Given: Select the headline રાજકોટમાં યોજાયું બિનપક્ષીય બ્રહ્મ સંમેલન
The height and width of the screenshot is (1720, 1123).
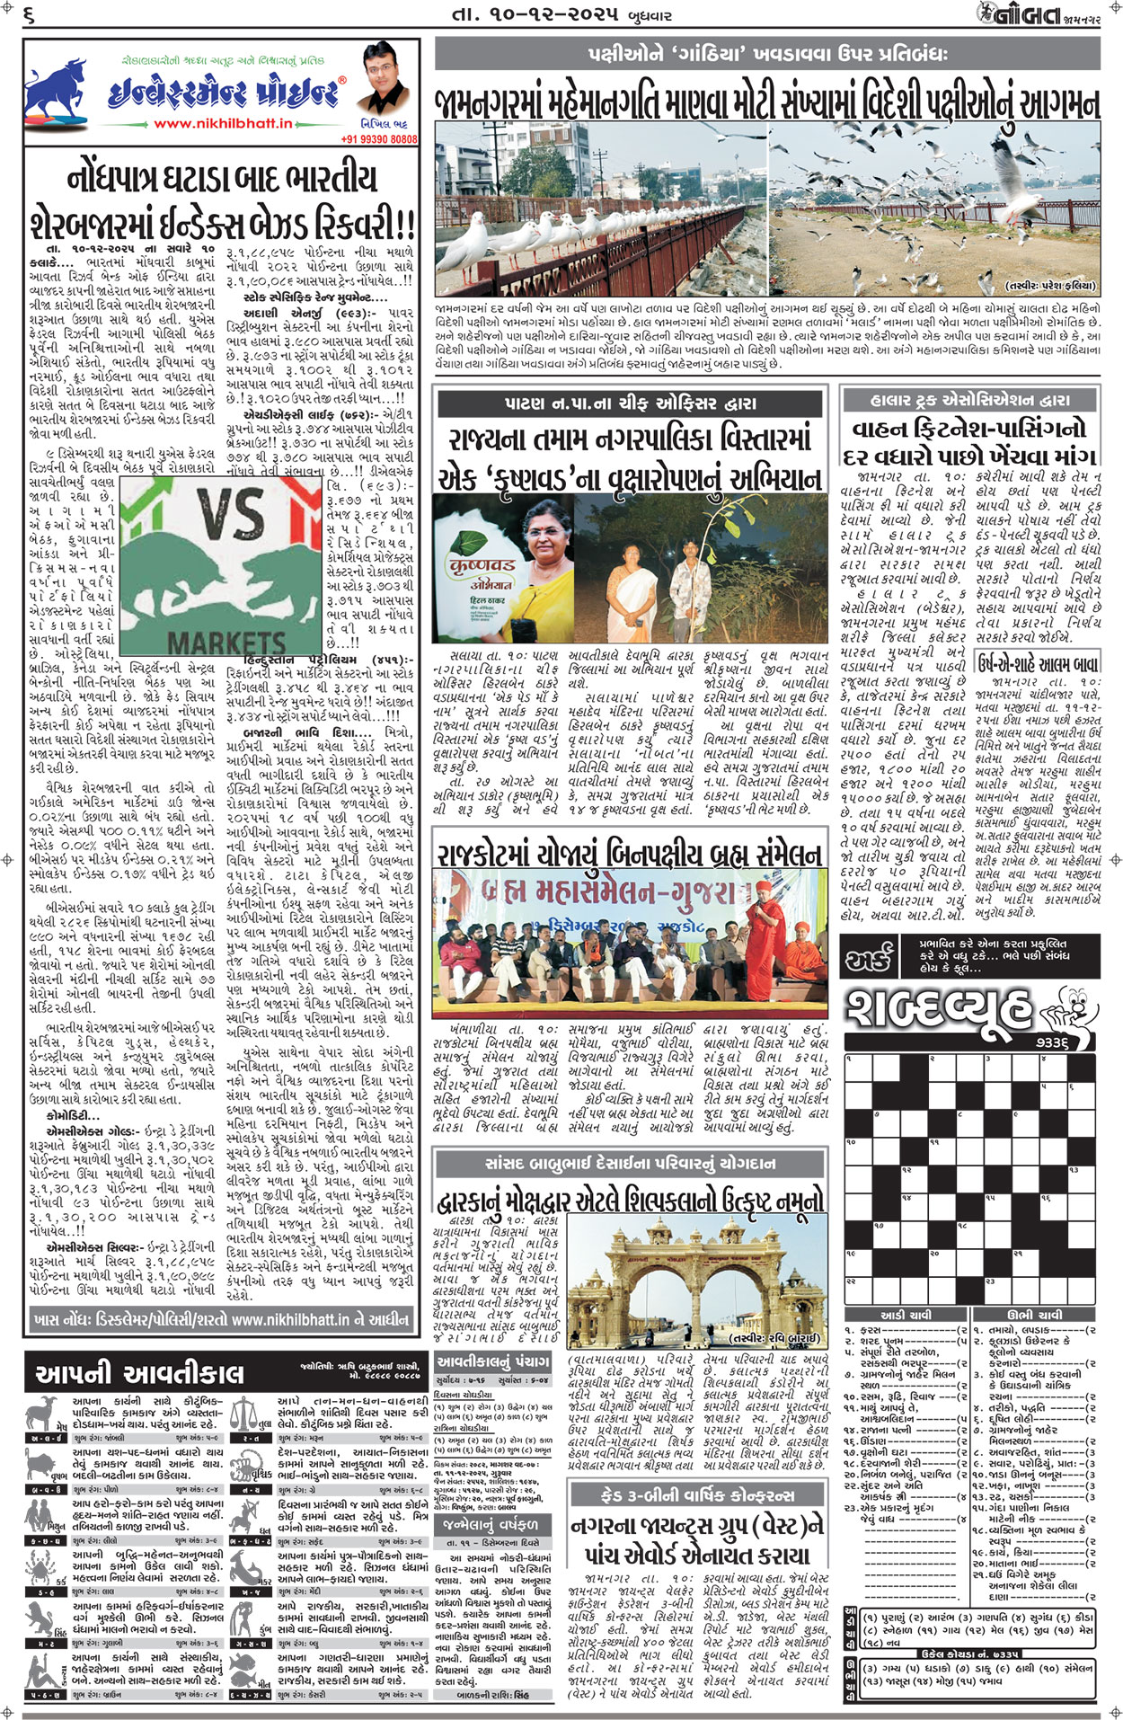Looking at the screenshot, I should (x=628, y=854).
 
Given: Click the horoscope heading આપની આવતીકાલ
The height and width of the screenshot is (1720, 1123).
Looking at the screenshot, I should (x=139, y=1373).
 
